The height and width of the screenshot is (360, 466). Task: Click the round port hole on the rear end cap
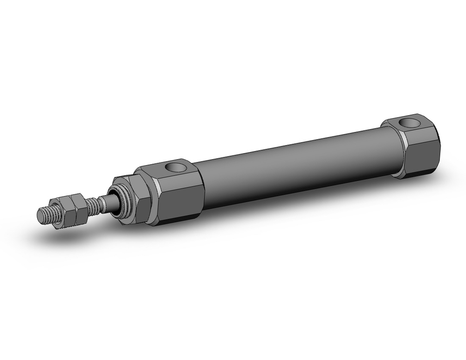[411, 124]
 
